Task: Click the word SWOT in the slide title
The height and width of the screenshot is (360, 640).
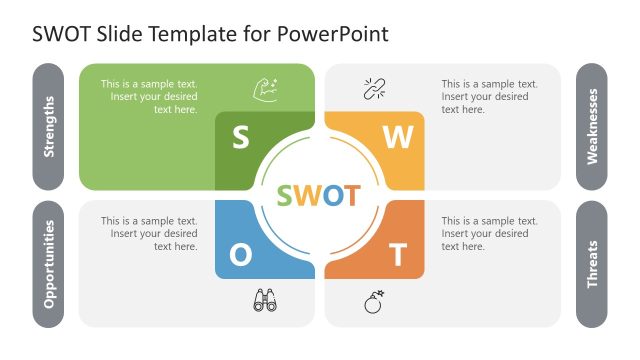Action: click(57, 34)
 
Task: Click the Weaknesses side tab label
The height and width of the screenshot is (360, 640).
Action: click(592, 126)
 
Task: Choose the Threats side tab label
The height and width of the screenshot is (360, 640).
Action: click(592, 264)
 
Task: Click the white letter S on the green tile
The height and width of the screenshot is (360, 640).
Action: click(241, 138)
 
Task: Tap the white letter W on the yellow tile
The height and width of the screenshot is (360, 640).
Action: click(397, 138)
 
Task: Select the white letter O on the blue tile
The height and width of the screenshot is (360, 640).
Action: click(241, 255)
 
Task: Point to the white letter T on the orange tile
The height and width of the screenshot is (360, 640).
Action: click(397, 255)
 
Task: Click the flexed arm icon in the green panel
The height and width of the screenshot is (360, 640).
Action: click(265, 89)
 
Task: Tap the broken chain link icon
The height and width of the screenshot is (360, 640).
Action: click(374, 89)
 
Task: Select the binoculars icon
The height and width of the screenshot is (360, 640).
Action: click(265, 301)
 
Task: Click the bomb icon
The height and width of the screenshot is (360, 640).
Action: click(374, 301)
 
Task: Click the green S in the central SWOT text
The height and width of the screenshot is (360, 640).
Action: click(287, 195)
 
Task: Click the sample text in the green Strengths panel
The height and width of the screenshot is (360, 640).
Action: click(149, 97)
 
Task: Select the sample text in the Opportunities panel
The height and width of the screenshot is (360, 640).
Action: click(149, 233)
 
